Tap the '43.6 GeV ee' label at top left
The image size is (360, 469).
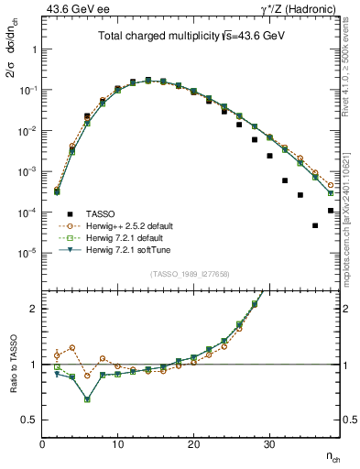[70, 8]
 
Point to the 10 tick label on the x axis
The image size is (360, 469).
[117, 444]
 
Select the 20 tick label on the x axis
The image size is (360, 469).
[193, 444]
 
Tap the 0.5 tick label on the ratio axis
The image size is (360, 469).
[29, 420]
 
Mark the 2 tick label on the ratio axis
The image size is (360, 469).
[34, 309]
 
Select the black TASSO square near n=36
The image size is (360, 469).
[315, 225]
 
